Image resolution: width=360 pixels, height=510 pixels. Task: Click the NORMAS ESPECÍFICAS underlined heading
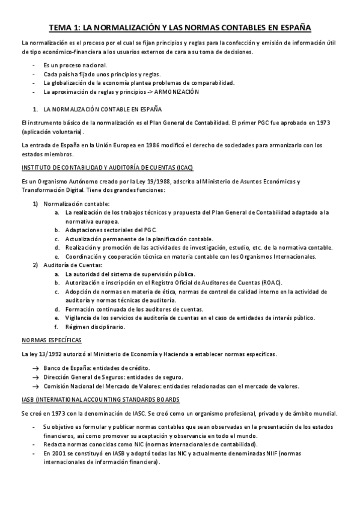[x=51, y=340]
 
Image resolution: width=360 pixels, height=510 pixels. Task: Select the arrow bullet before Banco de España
[x=35, y=367]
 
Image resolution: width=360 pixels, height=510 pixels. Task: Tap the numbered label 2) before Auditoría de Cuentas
[x=35, y=265]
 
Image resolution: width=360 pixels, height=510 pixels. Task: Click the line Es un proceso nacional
[x=75, y=65]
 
